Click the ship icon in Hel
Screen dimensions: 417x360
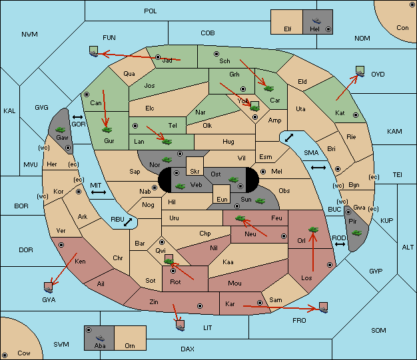(x=316, y=21)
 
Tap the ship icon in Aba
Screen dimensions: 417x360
(x=101, y=338)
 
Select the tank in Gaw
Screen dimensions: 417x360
(x=61, y=129)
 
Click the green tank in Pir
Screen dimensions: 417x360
(x=356, y=233)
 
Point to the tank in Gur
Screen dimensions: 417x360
(x=107, y=130)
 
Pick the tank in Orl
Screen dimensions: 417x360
(x=313, y=230)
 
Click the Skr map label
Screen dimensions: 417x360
(x=195, y=172)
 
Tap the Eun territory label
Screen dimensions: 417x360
(x=222, y=199)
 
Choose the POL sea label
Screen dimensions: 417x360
(x=151, y=11)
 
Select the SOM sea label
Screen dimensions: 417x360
(x=378, y=330)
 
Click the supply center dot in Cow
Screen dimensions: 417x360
(x=5, y=355)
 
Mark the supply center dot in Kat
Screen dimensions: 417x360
(x=356, y=115)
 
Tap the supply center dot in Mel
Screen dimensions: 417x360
(x=263, y=172)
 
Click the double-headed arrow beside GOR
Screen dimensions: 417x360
(x=77, y=117)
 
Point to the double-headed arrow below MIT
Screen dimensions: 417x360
(x=99, y=192)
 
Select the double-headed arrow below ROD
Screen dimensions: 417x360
(x=340, y=244)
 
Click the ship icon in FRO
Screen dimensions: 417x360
(x=323, y=307)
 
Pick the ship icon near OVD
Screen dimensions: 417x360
(x=360, y=71)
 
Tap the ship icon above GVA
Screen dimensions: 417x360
(x=49, y=287)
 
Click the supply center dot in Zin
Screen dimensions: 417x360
(x=200, y=306)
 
